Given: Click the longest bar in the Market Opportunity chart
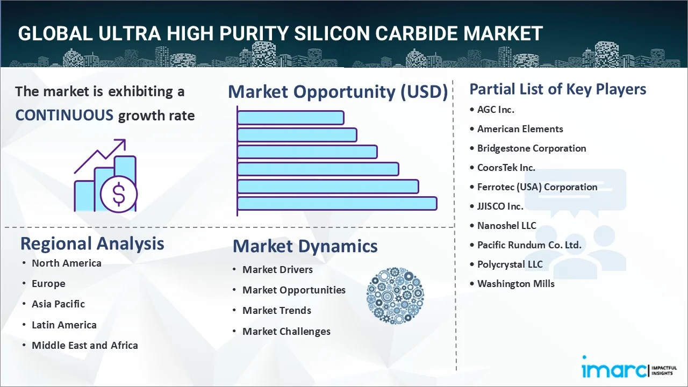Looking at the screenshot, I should coord(336,204).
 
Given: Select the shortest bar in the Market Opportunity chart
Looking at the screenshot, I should coord(290,117).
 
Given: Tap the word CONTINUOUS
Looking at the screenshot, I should coord(64,115).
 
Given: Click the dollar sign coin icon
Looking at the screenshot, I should coord(119,194).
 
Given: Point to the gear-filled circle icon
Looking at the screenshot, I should coord(395,296).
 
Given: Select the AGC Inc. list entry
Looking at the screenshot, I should coord(496,110).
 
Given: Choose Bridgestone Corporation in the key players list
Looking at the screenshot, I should coord(532,148).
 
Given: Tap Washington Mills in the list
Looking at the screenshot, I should coord(515,284).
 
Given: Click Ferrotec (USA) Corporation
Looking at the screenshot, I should coord(537,187).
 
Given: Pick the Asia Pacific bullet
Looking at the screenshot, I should coord(58,304).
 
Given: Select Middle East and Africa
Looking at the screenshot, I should coord(84,346).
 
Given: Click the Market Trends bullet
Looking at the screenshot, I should coord(276,311).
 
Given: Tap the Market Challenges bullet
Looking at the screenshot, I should coord(286,332).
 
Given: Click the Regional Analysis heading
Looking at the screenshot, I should coord(92,243).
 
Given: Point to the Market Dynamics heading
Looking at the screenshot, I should coord(305,246).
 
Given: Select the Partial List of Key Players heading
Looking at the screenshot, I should coord(557,89).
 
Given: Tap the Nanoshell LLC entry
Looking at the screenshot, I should coord(506,226).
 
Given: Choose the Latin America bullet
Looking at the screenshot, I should coord(64,325).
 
